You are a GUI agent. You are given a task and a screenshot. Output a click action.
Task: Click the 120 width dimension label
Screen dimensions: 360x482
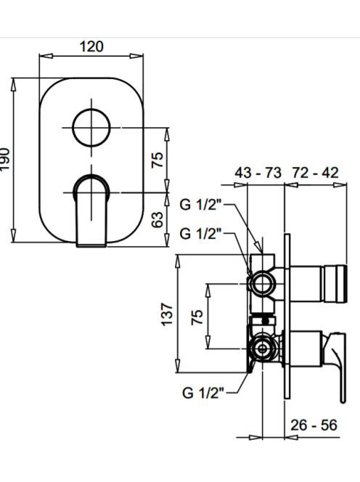[x=91, y=46]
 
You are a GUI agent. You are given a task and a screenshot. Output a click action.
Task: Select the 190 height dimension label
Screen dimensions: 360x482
[x=4, y=159]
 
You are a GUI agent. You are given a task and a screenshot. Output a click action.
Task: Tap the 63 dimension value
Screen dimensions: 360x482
[x=157, y=219]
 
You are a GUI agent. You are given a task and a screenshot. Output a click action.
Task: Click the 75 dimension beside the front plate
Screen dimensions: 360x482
[x=157, y=160]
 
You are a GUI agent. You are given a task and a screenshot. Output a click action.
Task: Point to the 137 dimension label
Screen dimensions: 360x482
[x=168, y=314]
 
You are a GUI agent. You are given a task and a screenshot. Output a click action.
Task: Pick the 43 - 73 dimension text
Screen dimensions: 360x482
[x=258, y=173]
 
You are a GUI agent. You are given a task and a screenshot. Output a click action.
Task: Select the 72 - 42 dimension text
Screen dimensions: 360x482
[x=315, y=173]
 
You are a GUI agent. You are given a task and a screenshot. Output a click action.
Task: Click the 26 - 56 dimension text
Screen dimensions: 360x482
[x=314, y=425]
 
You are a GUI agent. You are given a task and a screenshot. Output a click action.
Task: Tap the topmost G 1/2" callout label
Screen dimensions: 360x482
[x=201, y=205]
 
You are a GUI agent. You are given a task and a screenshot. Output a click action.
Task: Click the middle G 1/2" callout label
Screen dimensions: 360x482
[x=201, y=234]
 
